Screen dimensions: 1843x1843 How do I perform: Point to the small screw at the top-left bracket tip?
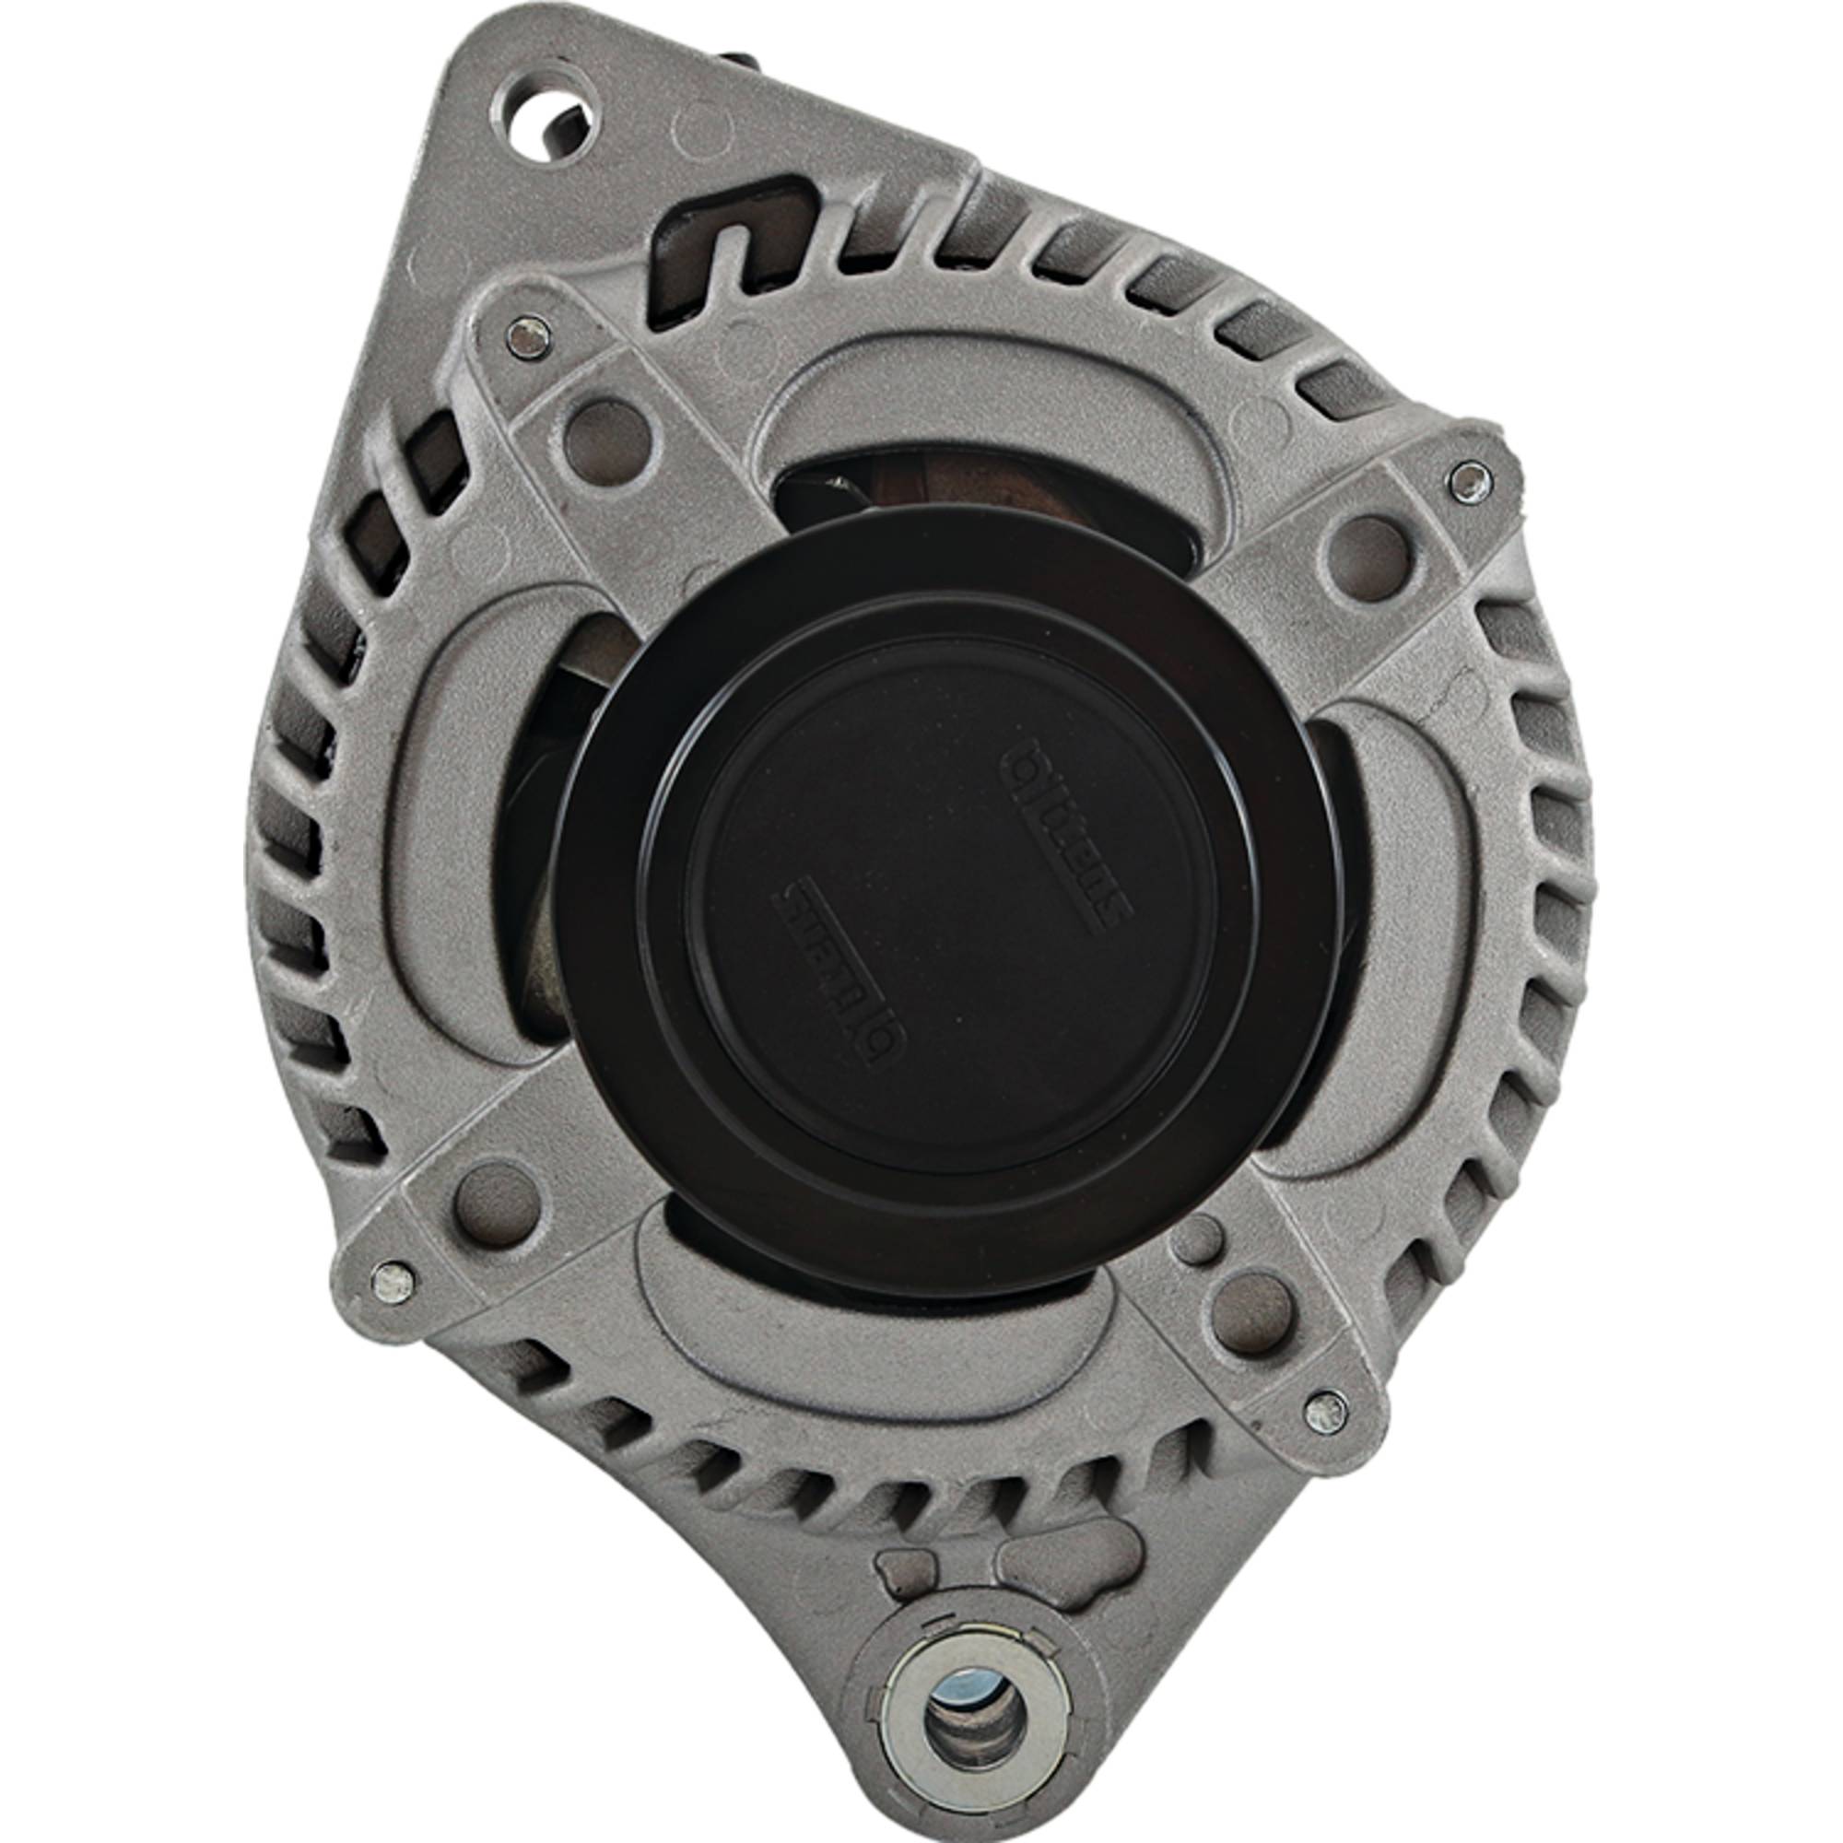(527, 336)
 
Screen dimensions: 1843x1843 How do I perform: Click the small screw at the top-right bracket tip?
(1468, 481)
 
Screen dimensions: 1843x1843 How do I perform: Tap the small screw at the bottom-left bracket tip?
(393, 1282)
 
